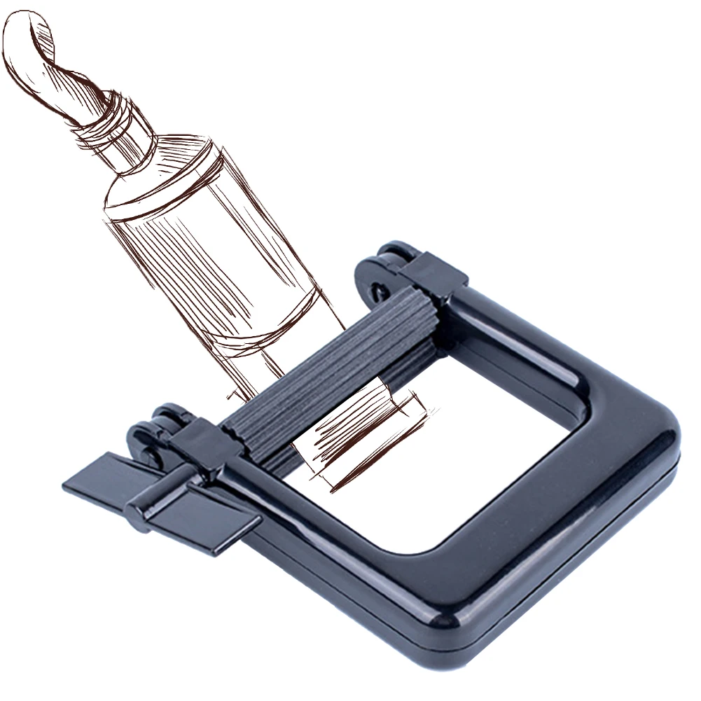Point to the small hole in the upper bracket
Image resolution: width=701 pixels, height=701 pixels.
tap(378, 288)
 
